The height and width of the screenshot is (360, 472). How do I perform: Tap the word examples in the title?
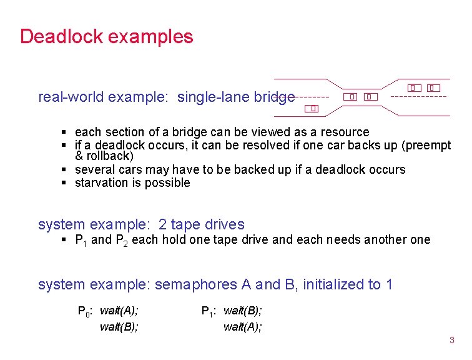150,37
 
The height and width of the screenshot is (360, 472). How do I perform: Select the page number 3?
452,341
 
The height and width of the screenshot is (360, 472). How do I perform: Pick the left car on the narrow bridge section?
352,97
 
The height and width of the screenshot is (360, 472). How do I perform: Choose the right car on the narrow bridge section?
369,97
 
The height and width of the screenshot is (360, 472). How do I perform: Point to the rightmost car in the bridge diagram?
433,88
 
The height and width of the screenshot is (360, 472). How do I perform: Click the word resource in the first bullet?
343,132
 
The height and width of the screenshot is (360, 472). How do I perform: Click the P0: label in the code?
85,311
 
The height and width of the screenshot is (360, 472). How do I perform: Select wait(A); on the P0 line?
119,311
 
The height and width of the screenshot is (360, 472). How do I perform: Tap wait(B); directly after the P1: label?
243,311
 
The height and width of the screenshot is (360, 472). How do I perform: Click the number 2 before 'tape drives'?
163,224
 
